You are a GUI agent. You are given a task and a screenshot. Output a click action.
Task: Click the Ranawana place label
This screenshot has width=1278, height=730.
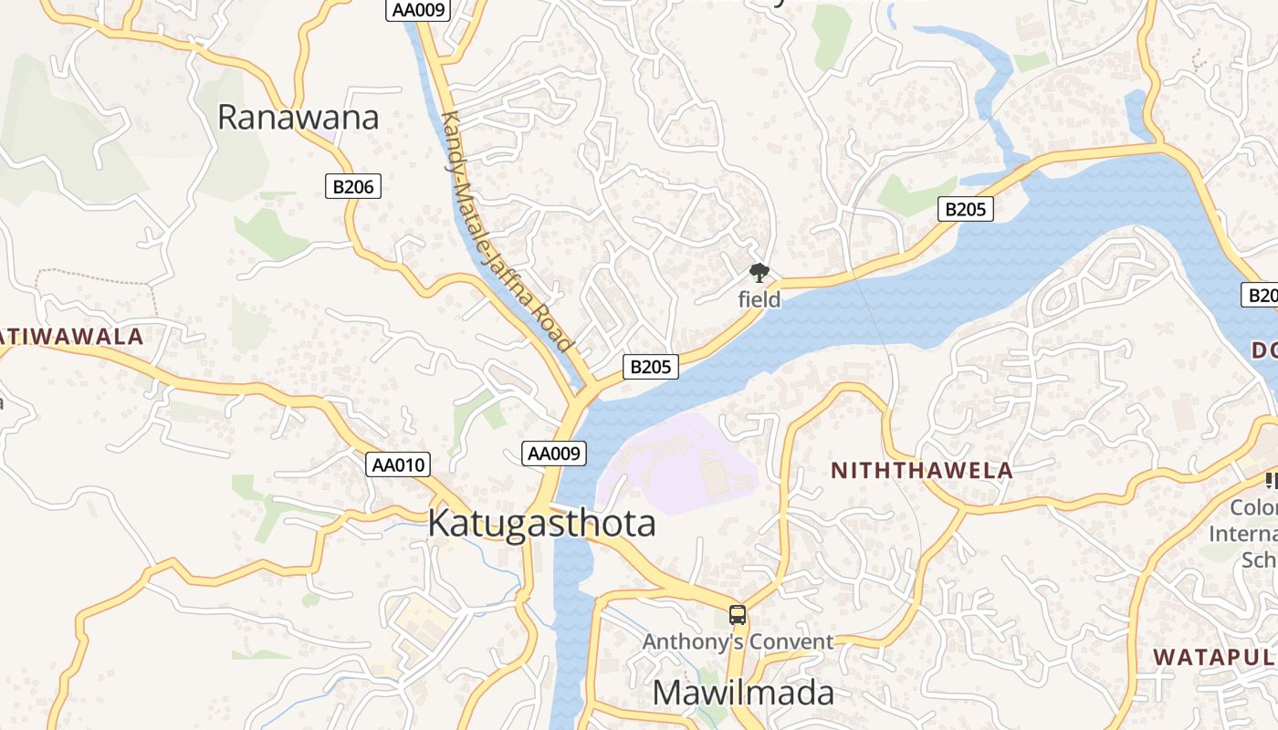click(x=298, y=118)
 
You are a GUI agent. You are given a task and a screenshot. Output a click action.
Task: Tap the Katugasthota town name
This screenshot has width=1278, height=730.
click(x=540, y=524)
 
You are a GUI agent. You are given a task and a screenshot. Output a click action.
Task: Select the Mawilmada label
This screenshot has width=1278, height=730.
click(x=742, y=693)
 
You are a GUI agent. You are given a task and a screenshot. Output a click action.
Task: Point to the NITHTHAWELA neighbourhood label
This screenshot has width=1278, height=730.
click(x=922, y=471)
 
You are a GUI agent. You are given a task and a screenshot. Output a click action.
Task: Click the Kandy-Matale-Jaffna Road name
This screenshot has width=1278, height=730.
click(x=507, y=233)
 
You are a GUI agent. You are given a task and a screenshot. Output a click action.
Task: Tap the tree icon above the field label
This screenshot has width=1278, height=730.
click(x=759, y=273)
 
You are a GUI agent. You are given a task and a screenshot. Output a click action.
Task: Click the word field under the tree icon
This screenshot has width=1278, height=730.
click(x=759, y=299)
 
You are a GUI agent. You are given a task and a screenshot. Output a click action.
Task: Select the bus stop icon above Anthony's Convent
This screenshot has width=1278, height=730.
click(x=738, y=615)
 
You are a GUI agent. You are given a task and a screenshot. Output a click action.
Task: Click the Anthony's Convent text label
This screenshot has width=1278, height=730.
click(x=738, y=641)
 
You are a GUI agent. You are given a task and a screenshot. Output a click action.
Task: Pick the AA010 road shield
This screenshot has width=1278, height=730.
click(x=399, y=464)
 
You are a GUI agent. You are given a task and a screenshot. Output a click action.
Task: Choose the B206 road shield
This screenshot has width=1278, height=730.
click(x=352, y=187)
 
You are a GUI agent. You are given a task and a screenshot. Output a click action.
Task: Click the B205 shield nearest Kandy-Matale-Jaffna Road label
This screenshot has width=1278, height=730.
click(x=651, y=367)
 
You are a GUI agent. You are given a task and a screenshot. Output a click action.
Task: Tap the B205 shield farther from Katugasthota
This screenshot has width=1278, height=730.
click(x=965, y=209)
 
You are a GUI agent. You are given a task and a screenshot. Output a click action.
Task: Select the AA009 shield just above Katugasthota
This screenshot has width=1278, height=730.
click(x=554, y=453)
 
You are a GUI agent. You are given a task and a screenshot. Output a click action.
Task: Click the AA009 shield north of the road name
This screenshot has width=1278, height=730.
click(x=418, y=10)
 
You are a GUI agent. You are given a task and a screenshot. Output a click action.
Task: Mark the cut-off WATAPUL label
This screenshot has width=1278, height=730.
click(x=1214, y=657)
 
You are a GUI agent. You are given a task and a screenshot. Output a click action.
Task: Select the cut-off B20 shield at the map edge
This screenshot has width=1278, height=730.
click(x=1261, y=295)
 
